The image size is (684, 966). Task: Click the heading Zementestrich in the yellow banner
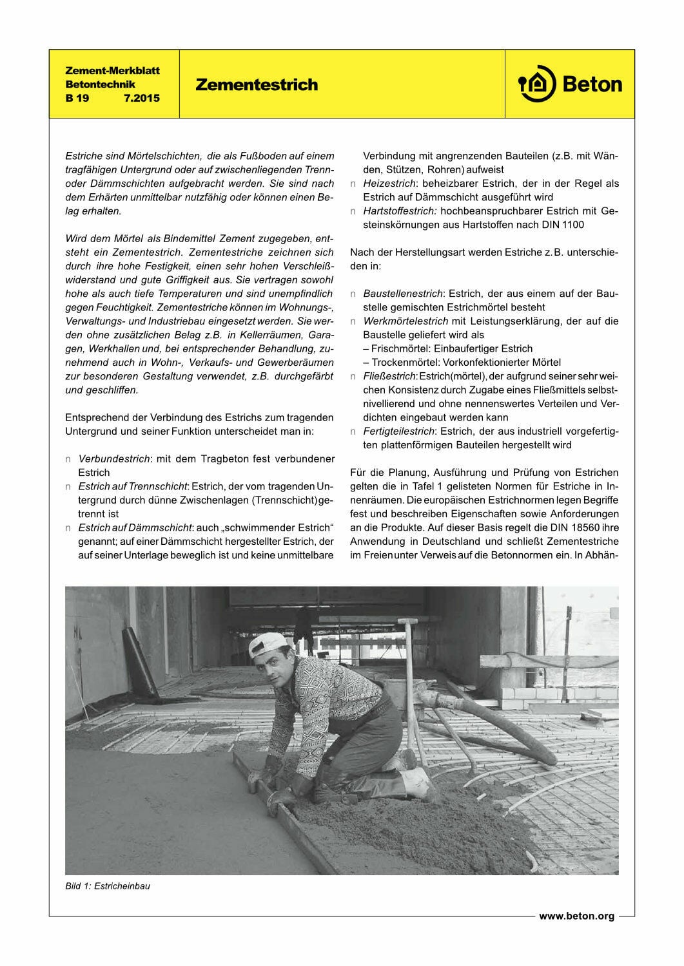click(x=257, y=85)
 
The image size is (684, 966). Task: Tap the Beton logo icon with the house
click(x=537, y=84)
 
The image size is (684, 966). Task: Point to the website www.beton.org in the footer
click(x=576, y=916)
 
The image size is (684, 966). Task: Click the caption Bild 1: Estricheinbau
click(x=108, y=885)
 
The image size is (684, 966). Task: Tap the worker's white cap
click(x=266, y=643)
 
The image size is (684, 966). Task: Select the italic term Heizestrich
click(x=388, y=184)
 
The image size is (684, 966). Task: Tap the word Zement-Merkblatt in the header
click(x=113, y=70)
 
